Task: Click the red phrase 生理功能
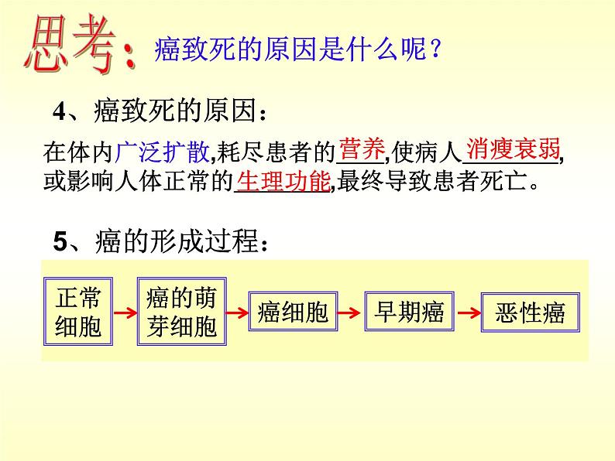[283, 182]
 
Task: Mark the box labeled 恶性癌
[530, 313]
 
